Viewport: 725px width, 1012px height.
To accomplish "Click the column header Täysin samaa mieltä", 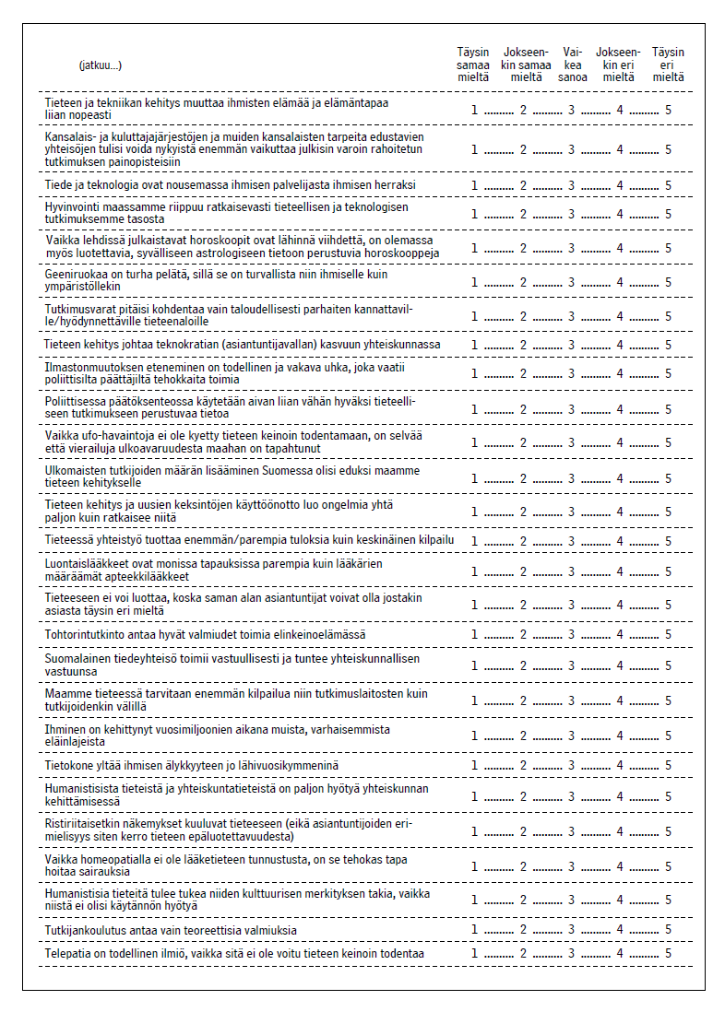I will tap(474, 65).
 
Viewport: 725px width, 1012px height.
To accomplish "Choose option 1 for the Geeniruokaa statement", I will tap(474, 282).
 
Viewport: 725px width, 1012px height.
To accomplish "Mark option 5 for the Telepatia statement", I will tap(668, 953).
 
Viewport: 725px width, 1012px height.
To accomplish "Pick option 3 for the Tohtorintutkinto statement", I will tap(571, 635).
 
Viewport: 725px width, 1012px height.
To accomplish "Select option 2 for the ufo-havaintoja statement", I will tap(523, 442).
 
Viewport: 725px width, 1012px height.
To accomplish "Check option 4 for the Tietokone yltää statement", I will tap(620, 766).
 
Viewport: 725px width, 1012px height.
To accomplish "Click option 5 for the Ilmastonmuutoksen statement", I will tap(668, 375).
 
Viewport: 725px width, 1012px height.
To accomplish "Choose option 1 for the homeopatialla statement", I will tap(474, 866).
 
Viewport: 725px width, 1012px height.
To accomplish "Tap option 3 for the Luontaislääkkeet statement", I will tap(571, 571).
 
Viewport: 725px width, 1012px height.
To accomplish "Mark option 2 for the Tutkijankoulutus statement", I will tap(523, 929).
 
